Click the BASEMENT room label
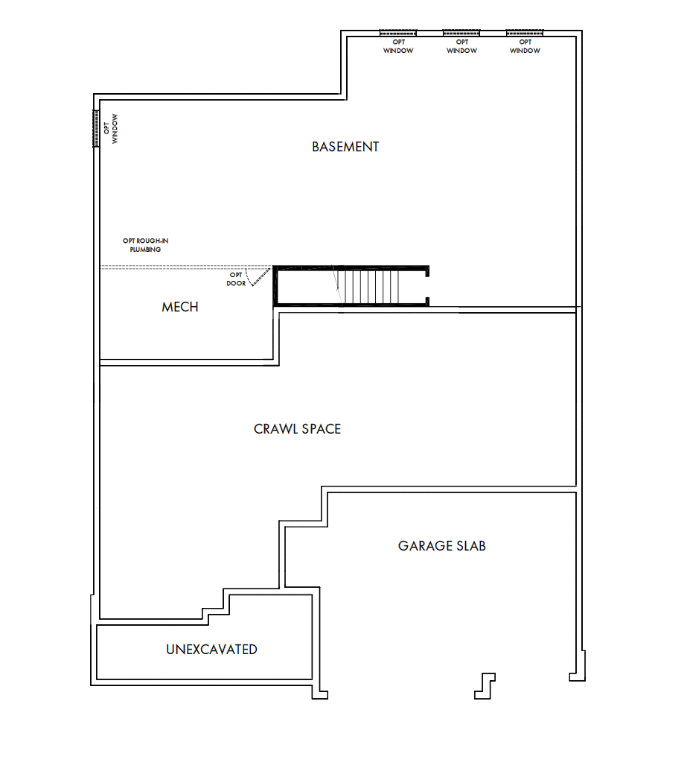click(345, 147)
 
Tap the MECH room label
click(180, 307)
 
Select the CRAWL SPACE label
click(297, 429)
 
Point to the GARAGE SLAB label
click(441, 546)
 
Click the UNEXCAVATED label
click(211, 650)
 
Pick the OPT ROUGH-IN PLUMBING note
click(145, 245)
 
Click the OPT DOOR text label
click(236, 279)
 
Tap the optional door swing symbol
click(259, 277)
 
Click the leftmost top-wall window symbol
click(398, 33)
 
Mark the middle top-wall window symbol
click(461, 33)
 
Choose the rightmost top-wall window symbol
click(525, 33)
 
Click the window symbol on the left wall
click(96, 128)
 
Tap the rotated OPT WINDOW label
click(111, 128)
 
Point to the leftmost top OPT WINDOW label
click(398, 46)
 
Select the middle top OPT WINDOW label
click(461, 46)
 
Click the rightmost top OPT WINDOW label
click(525, 46)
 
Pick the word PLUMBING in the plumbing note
click(145, 250)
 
